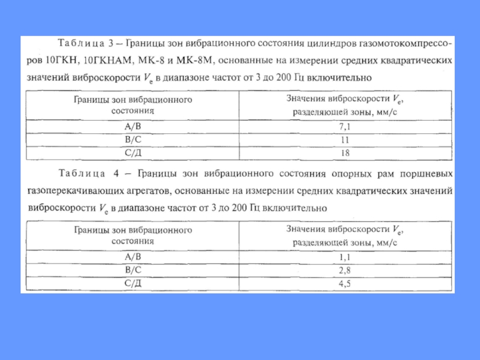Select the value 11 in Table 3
(344, 140)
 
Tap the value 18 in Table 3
(344, 153)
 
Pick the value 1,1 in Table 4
(344, 257)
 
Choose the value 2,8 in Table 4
(344, 270)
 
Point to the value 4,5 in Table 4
(344, 283)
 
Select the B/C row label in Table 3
(133, 140)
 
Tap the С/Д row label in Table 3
(133, 153)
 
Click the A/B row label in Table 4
(133, 257)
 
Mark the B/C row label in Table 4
(133, 270)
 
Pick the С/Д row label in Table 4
(133, 283)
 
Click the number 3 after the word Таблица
(112, 44)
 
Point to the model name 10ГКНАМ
(105, 60)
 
